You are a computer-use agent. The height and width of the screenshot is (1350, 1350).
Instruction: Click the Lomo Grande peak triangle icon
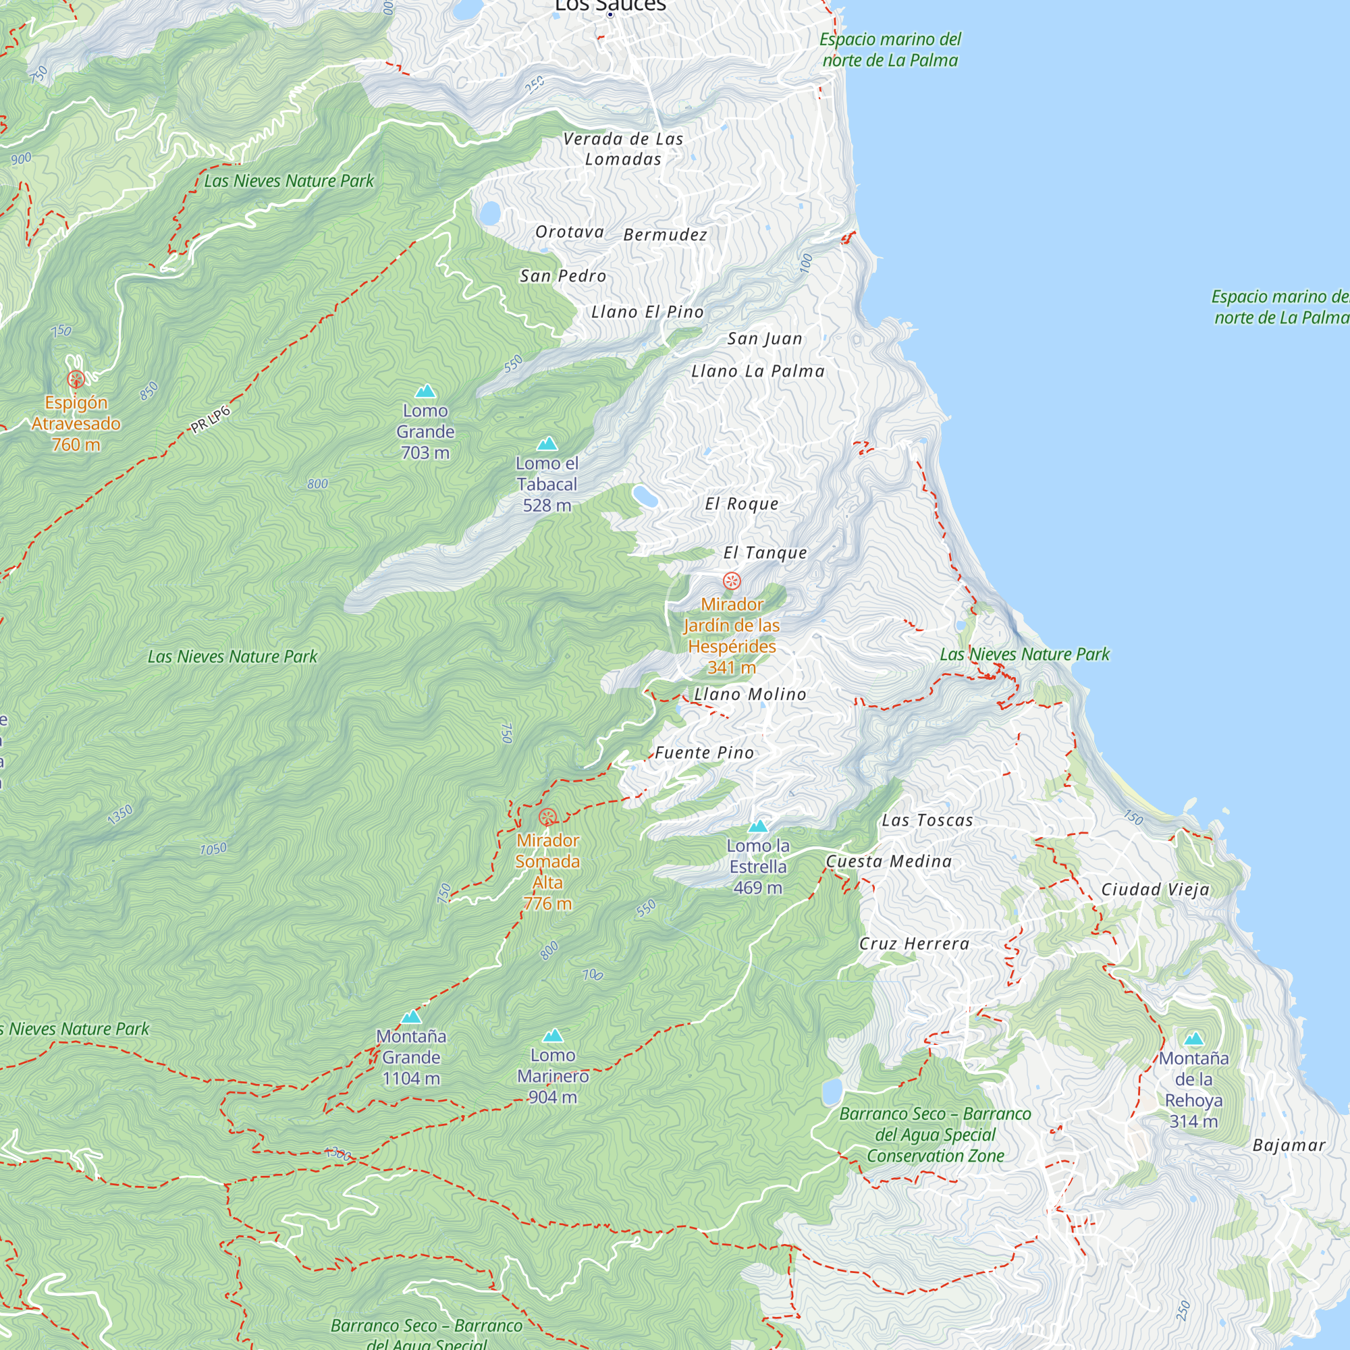425,391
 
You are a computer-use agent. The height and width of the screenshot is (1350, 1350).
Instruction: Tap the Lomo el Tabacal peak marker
547,443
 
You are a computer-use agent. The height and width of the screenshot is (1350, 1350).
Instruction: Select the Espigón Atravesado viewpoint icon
76,379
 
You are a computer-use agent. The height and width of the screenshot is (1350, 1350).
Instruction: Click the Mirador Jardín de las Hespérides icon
732,580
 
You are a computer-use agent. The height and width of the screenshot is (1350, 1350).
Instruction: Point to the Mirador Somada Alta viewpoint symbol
548,817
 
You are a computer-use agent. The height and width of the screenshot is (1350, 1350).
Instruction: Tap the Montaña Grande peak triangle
411,1017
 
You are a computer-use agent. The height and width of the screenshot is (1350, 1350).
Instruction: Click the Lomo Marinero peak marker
553,1035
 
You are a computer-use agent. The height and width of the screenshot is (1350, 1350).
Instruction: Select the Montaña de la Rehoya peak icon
1193,1039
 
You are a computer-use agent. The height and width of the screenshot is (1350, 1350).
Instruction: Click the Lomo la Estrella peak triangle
757,827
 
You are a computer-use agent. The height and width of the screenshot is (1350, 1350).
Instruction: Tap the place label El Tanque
765,553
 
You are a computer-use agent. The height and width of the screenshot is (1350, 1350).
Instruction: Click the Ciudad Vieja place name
1155,890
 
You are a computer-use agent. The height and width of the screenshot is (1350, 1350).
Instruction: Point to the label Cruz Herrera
914,944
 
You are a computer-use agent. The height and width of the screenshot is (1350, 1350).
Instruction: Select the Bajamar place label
1289,1145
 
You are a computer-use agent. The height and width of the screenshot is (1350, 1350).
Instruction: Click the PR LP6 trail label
211,419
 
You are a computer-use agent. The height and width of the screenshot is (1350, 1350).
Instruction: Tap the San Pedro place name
562,276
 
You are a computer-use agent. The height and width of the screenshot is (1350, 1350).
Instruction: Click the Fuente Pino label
704,753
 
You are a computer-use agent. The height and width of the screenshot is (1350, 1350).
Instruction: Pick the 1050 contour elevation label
213,849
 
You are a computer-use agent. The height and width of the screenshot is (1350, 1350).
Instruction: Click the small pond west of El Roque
644,496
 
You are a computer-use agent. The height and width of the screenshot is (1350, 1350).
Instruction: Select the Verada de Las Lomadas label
622,148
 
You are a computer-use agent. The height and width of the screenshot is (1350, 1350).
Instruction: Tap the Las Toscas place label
927,820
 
